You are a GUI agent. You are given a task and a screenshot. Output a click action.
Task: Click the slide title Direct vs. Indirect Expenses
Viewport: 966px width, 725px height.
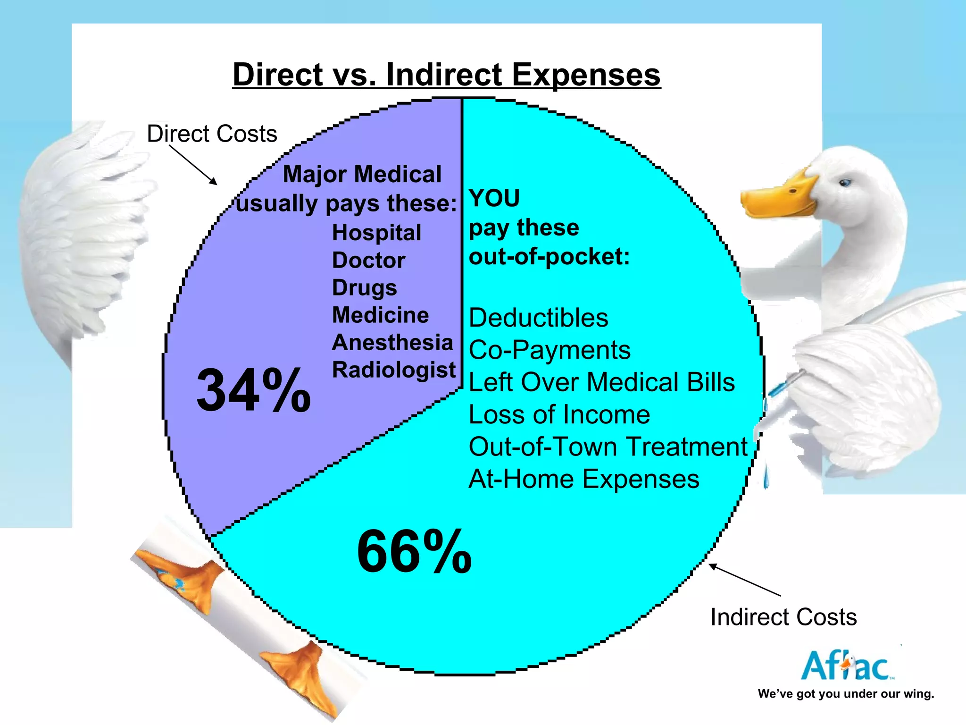446,75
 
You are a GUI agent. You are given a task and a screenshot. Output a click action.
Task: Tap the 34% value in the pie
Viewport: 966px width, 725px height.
254,390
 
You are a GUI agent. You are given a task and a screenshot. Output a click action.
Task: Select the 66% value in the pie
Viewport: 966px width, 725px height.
414,551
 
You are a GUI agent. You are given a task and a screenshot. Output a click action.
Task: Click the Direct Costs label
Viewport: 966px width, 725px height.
212,134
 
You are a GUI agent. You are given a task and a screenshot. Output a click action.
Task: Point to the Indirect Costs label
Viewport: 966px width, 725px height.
783,617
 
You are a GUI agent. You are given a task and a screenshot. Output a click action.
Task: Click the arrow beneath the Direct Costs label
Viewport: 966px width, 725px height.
193,165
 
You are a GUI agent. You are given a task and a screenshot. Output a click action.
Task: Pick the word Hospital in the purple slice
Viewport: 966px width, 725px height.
376,233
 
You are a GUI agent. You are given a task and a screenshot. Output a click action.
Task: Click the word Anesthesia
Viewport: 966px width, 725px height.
392,342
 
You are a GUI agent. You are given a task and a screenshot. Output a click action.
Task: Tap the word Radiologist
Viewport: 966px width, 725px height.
394,370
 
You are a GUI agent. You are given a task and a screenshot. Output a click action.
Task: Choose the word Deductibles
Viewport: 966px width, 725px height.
538,318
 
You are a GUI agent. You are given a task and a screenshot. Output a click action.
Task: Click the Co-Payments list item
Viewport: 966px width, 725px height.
550,350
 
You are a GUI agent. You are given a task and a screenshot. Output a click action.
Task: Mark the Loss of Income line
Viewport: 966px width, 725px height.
559,415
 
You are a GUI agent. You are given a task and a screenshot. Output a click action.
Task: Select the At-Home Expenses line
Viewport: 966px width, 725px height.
584,479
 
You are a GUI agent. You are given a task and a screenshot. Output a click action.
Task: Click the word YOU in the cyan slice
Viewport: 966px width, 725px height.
494,198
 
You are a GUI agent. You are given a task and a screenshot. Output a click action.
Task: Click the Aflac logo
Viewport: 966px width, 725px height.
847,666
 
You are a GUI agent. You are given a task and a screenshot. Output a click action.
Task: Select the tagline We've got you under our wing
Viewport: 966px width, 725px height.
846,694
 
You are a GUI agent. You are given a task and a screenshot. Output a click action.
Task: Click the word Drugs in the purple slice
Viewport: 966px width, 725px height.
364,287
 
